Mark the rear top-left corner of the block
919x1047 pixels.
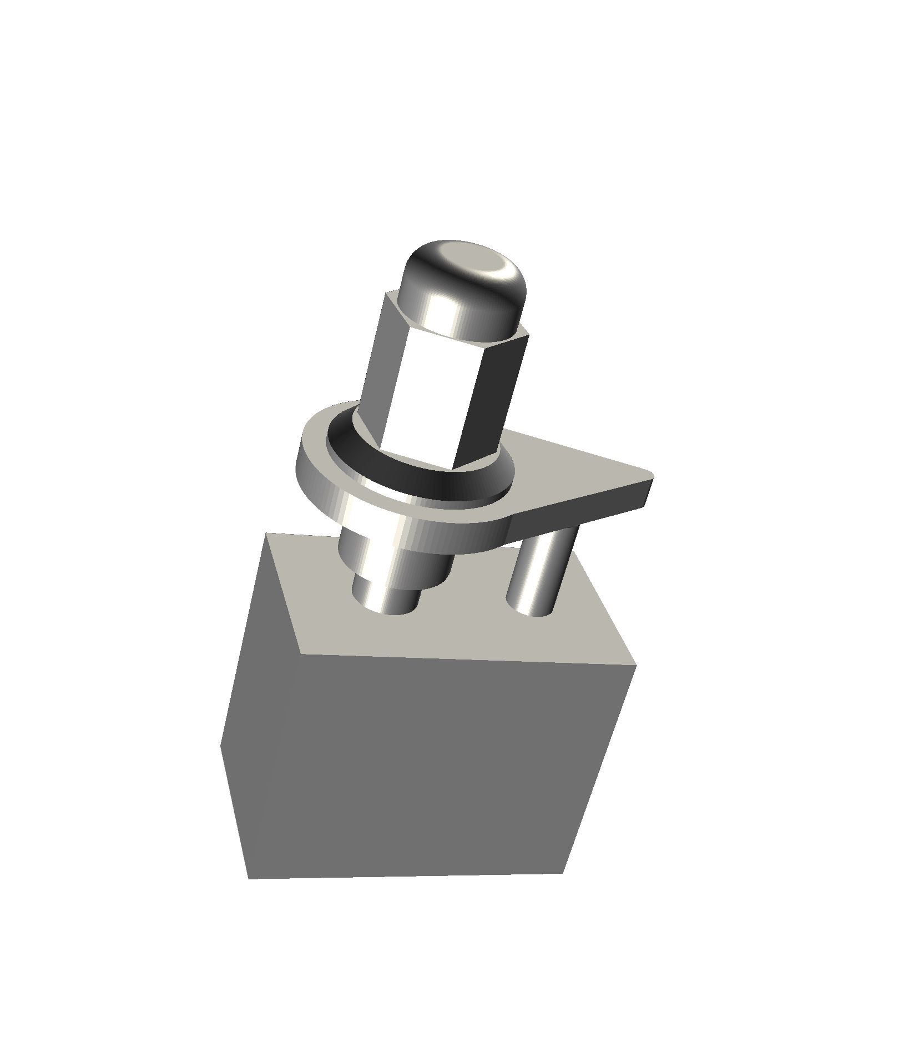(x=267, y=534)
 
